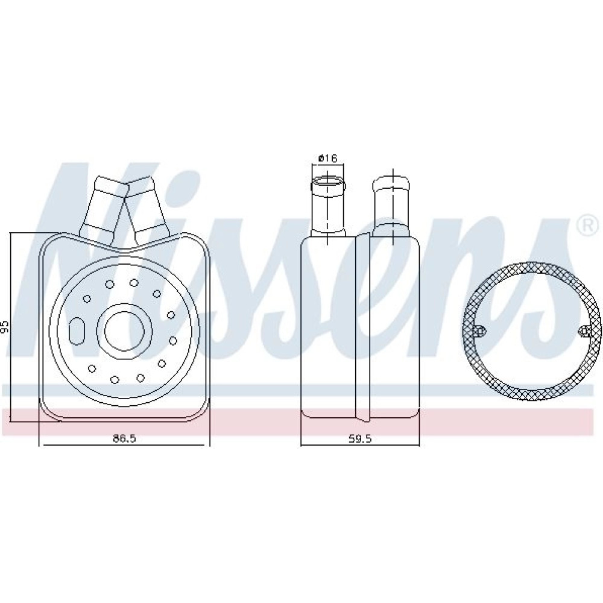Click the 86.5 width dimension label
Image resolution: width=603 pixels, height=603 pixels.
(125, 438)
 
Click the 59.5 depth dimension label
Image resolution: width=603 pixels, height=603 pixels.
(360, 438)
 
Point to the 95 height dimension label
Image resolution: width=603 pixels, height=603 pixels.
(5, 326)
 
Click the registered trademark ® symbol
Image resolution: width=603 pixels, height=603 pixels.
(587, 226)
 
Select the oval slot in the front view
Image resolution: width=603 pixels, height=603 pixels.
(77, 330)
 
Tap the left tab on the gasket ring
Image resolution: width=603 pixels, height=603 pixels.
(479, 330)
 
